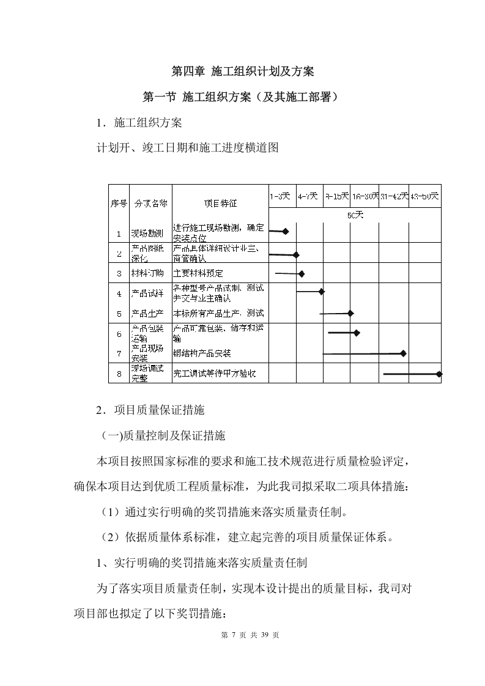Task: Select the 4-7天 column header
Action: click(308, 196)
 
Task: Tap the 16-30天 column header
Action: click(365, 196)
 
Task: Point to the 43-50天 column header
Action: click(425, 196)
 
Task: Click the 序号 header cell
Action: click(119, 204)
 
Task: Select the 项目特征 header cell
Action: click(220, 204)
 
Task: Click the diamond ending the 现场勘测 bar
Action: click(285, 232)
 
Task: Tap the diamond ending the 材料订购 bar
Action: click(302, 274)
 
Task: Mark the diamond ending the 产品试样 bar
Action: click(322, 292)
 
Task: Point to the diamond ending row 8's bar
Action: click(439, 374)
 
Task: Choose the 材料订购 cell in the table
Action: click(150, 273)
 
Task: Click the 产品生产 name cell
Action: click(150, 314)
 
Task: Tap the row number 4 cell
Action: click(119, 293)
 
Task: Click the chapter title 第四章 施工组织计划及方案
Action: click(242, 72)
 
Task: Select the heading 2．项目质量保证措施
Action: click(150, 411)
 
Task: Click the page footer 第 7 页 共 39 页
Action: click(242, 635)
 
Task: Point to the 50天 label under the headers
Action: click(355, 215)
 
